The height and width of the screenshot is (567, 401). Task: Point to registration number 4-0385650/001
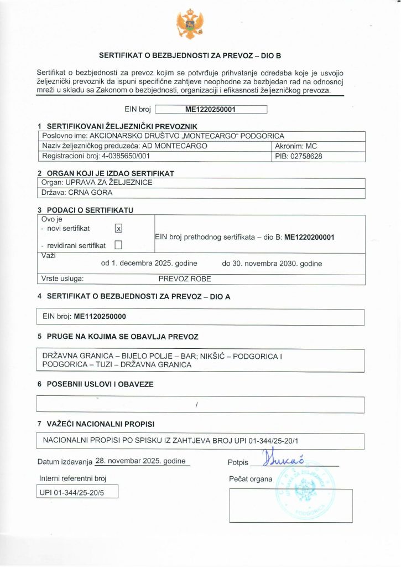pos(132,156)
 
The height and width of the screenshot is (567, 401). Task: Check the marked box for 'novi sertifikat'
pos(118,228)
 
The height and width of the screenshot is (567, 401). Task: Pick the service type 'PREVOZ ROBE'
pos(185,279)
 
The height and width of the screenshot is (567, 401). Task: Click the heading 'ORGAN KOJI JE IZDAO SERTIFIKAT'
pos(111,173)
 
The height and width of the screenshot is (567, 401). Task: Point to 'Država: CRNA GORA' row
pos(77,193)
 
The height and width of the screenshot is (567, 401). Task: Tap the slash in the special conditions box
pos(196,405)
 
